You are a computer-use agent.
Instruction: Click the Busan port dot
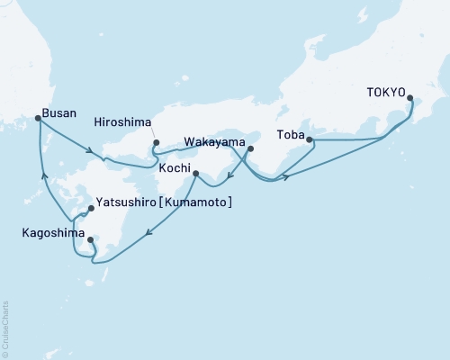point(37,118)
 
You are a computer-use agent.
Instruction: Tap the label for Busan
point(58,113)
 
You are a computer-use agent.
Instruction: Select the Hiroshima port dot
point(156,142)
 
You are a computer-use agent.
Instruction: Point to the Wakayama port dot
point(251,148)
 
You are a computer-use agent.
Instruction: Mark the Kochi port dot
point(195,173)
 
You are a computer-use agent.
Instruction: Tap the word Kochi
point(174,168)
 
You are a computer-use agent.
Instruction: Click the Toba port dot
point(308,139)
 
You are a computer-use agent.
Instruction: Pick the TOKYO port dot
point(410,98)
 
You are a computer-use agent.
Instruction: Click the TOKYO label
point(387,92)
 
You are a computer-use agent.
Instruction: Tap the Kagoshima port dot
point(90,239)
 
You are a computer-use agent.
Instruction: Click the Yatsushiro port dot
point(90,209)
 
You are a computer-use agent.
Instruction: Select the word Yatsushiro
point(125,202)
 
